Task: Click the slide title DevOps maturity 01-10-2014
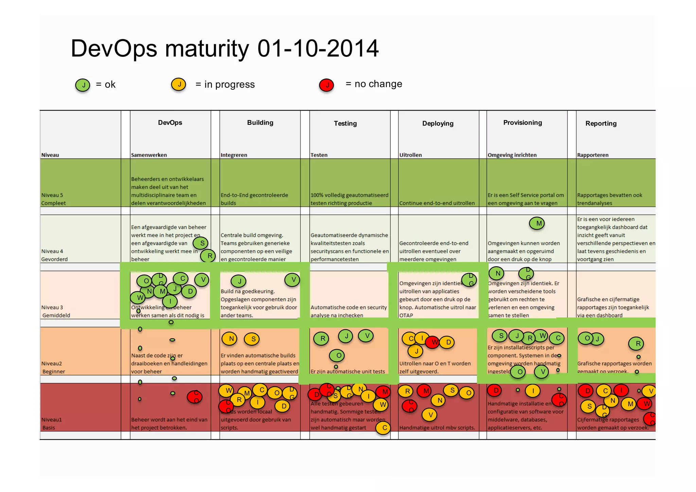(224, 48)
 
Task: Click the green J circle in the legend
(83, 85)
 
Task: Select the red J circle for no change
(327, 85)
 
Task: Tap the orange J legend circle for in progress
(179, 84)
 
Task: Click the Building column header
(260, 123)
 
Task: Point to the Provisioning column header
(522, 123)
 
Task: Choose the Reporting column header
(601, 123)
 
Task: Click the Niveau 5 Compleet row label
(53, 199)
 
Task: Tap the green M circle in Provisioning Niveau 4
(537, 223)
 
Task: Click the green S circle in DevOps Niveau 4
(201, 243)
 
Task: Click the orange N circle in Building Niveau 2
(230, 339)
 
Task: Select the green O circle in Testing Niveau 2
(337, 356)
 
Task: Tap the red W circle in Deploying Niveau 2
(434, 342)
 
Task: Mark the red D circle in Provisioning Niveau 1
(495, 390)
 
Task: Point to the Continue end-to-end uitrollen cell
(437, 203)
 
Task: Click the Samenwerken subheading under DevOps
(149, 155)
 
